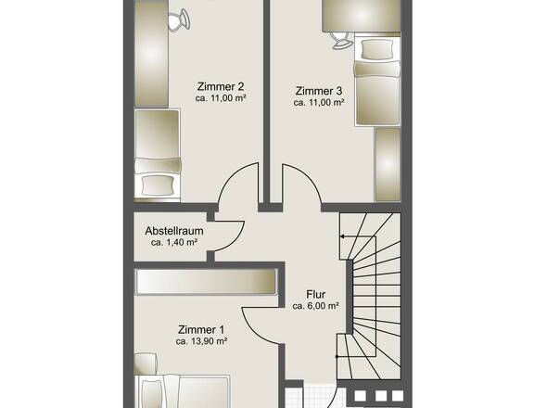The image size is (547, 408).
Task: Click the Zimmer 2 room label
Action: click(x=221, y=86)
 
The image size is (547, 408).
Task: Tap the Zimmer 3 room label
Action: click(x=319, y=91)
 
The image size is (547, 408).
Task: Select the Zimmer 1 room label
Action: click(x=201, y=329)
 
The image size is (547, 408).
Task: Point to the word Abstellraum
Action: click(x=174, y=231)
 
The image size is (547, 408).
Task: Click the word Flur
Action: click(x=316, y=294)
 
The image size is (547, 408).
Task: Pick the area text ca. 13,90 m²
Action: click(x=201, y=341)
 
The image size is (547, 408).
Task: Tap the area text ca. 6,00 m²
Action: click(x=316, y=306)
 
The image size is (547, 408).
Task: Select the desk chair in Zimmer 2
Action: click(x=179, y=19)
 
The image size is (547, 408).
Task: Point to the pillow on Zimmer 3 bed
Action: click(x=377, y=49)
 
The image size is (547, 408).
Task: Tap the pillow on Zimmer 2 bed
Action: click(x=159, y=185)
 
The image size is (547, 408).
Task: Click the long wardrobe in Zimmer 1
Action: click(x=206, y=282)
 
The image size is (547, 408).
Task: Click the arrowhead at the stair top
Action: click(x=342, y=236)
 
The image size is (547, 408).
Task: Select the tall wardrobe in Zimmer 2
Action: click(x=151, y=54)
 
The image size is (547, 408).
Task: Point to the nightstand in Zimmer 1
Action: click(x=146, y=364)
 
